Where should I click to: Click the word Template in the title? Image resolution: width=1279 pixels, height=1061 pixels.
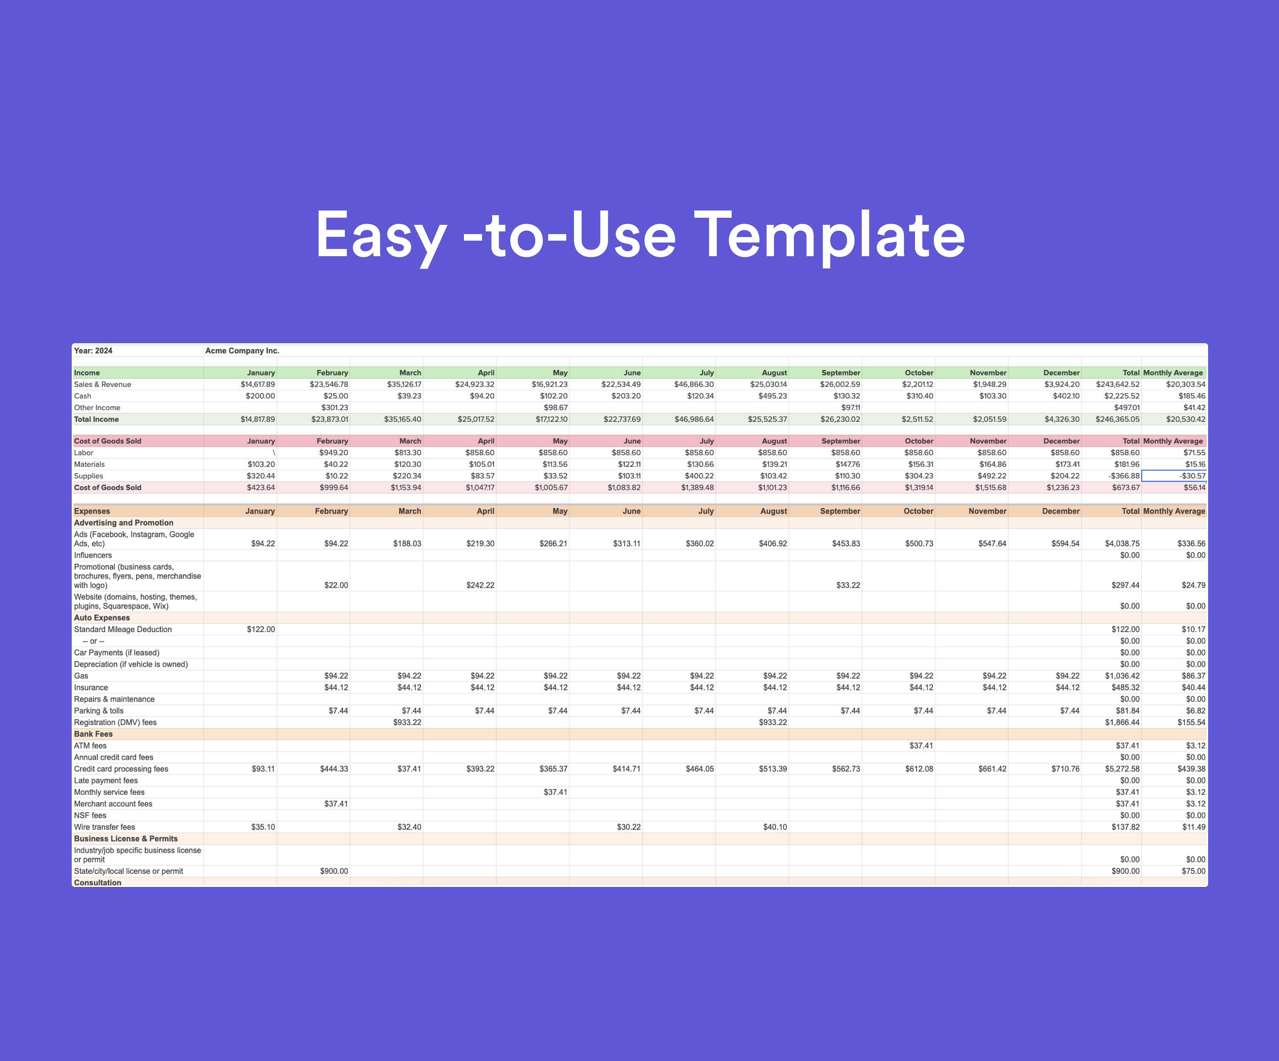(829, 236)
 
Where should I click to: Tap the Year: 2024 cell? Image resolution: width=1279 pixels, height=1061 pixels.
(93, 351)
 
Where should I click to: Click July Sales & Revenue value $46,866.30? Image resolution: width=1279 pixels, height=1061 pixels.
(694, 384)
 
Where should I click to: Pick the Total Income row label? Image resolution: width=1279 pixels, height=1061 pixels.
(96, 419)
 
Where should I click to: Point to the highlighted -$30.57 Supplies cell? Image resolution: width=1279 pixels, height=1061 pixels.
(1174, 475)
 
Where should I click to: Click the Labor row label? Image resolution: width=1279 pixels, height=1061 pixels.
(84, 452)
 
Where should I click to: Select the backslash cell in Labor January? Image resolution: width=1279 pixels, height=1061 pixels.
(273, 452)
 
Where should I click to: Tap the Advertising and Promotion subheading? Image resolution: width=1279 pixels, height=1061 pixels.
(124, 522)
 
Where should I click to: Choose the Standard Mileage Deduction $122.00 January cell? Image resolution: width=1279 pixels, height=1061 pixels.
(260, 629)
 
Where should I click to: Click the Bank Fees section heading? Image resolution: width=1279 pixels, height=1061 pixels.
(93, 734)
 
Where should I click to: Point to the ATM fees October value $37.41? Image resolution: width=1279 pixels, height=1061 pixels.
(921, 745)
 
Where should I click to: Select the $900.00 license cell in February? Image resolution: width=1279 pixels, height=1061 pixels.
(334, 871)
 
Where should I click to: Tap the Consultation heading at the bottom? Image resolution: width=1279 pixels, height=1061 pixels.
(98, 883)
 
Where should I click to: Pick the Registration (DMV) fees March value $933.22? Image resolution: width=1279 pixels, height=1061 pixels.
(407, 722)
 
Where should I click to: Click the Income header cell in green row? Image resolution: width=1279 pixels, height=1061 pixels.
(87, 373)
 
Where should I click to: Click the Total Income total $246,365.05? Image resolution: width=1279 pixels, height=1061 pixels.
(1117, 419)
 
